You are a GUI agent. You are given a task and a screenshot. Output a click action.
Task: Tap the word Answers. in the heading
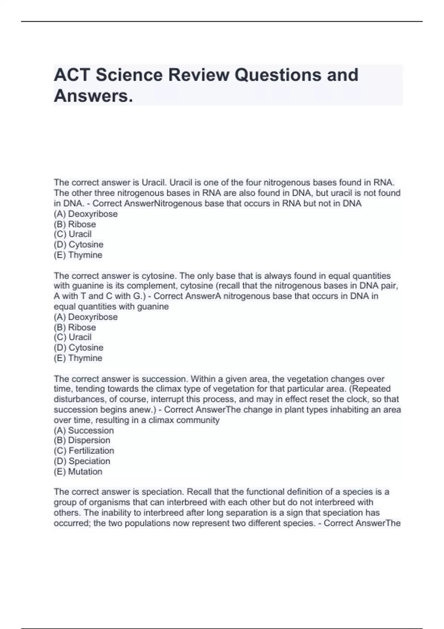[93, 96]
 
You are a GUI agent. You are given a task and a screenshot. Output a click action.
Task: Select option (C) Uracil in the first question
[73, 234]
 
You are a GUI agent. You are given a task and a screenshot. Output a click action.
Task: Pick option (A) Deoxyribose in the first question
[85, 214]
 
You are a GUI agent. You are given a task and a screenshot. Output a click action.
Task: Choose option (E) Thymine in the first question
[78, 255]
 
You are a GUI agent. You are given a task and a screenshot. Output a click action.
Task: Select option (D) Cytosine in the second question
[78, 347]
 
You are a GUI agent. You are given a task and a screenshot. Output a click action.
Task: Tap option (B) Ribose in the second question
[75, 327]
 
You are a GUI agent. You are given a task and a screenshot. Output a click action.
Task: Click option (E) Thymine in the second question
[78, 358]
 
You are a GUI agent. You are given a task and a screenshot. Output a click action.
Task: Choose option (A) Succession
[84, 430]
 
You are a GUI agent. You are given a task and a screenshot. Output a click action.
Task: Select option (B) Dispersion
[82, 440]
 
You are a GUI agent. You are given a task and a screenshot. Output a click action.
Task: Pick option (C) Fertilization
[84, 451]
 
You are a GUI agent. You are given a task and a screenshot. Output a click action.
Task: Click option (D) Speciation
[82, 461]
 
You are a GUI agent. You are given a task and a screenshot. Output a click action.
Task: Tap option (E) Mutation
[78, 471]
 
